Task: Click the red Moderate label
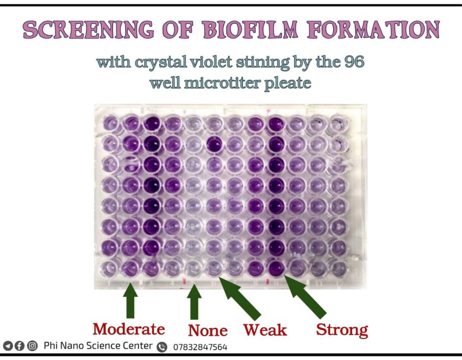129,329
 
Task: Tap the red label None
208,331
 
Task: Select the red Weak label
265,330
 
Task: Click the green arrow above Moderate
130,300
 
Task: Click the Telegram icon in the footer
8,346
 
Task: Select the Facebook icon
20,346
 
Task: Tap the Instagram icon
32,346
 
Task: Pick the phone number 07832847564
200,347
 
